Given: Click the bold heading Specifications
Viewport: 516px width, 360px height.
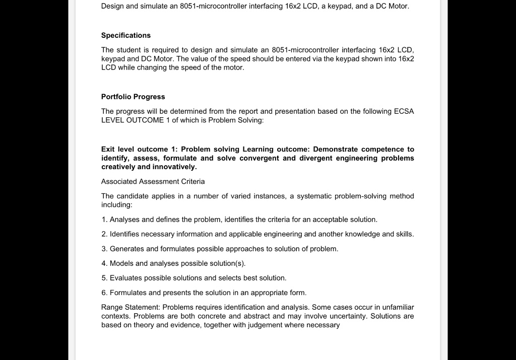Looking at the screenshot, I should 125,35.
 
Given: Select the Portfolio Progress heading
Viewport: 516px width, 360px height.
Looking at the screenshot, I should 133,97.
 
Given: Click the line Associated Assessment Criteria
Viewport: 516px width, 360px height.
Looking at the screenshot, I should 153,181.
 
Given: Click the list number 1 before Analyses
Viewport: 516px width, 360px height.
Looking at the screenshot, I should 104,220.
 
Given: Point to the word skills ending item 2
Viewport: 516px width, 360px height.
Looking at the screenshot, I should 404,234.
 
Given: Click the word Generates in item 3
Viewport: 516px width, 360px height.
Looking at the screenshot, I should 126,249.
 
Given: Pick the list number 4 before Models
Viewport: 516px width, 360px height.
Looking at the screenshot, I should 104,263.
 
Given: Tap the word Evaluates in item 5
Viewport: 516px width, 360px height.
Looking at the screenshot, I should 126,278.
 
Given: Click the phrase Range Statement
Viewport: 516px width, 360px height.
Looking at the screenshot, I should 130,307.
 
